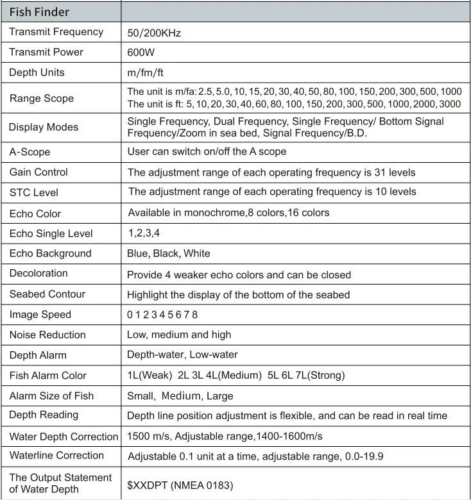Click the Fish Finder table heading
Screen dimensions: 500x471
pyautogui.click(x=39, y=12)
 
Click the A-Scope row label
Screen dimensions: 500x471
pyautogui.click(x=30, y=152)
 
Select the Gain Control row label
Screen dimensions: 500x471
pyautogui.click(x=39, y=172)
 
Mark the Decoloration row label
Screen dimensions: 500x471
pyautogui.click(x=39, y=273)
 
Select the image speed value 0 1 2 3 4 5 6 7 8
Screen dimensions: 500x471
pyautogui.click(x=163, y=314)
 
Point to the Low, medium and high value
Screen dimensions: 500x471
pyautogui.click(x=179, y=335)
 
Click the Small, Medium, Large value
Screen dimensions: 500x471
pyautogui.click(x=180, y=396)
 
